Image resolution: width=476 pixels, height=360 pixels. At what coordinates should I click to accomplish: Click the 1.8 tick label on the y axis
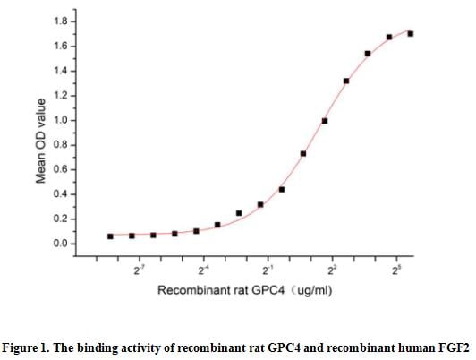(61, 21)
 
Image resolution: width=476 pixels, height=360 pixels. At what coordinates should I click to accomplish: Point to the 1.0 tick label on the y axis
(61, 120)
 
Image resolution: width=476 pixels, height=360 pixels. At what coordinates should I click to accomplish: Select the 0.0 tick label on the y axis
(61, 244)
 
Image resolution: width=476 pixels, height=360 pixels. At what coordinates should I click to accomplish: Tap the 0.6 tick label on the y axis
(61, 169)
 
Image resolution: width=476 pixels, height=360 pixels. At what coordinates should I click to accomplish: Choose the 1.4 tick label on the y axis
(61, 71)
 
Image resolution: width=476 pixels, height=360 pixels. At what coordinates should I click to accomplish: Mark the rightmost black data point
(411, 34)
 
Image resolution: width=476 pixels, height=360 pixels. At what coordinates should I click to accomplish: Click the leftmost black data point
(110, 236)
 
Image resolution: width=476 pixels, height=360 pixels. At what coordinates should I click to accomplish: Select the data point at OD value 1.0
(325, 121)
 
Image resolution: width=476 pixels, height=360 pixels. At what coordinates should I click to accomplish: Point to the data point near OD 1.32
(346, 81)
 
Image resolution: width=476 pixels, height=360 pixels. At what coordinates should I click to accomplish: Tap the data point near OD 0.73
(303, 154)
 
